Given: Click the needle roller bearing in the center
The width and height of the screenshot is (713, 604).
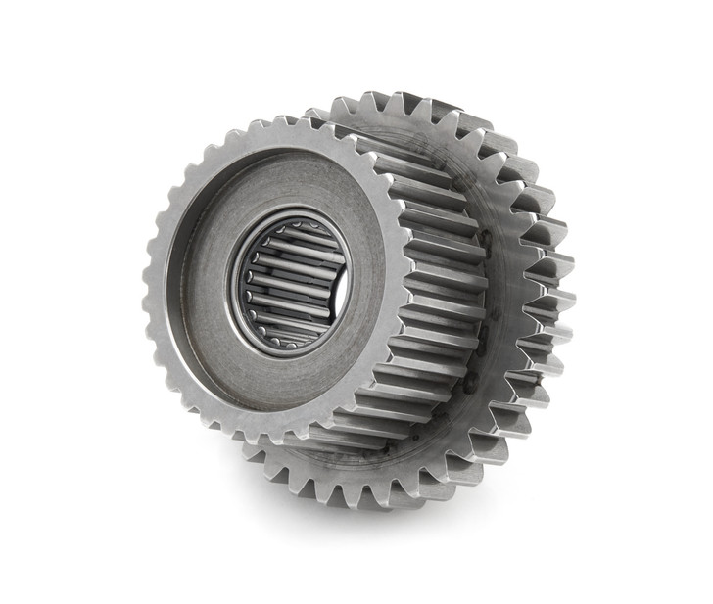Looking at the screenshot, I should (291, 283).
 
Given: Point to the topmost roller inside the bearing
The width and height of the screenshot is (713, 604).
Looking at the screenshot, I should (294, 231).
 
